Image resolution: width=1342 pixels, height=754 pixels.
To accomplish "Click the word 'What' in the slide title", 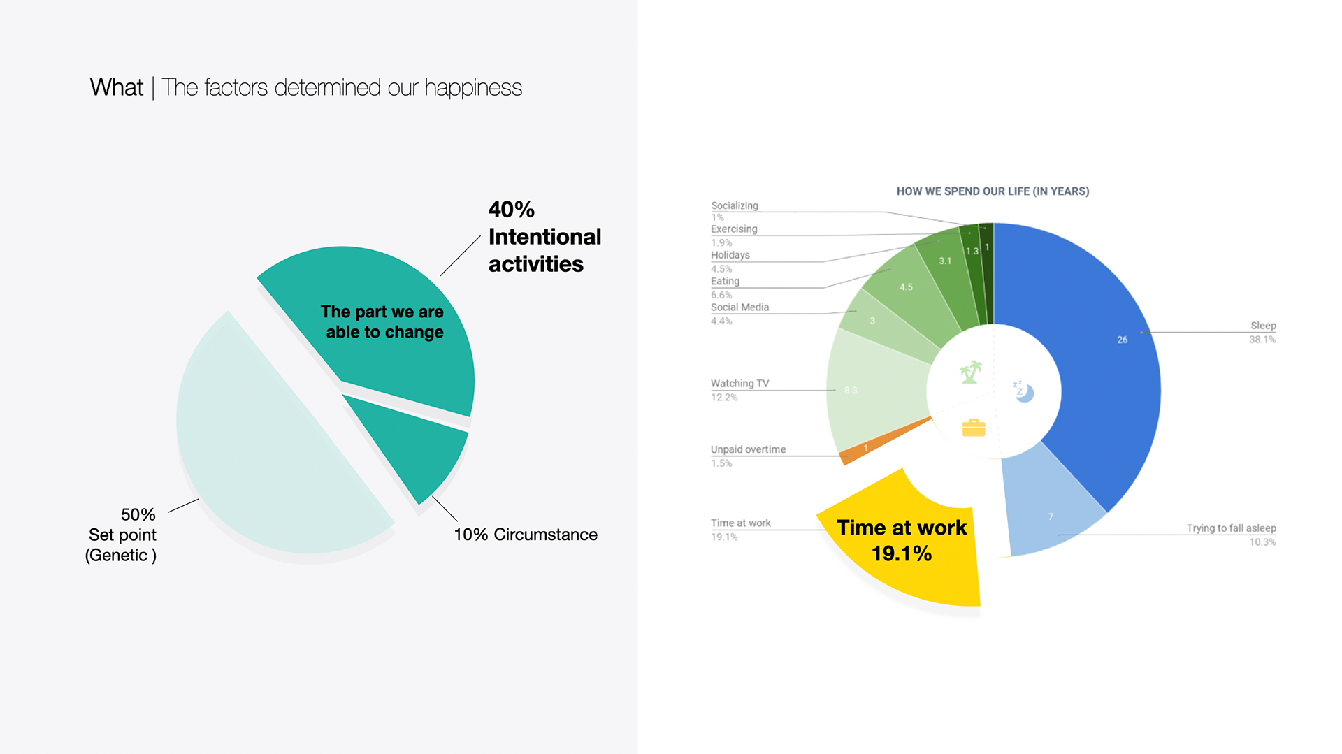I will (116, 87).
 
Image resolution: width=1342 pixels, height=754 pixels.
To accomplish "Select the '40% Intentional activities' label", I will (544, 237).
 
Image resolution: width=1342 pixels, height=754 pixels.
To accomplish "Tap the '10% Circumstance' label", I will (526, 535).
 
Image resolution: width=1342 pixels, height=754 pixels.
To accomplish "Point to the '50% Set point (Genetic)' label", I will (122, 535).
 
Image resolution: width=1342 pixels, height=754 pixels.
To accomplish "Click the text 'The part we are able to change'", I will (383, 321).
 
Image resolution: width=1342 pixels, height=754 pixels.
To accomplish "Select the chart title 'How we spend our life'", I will (993, 191).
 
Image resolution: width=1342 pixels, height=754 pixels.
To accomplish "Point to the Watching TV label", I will (739, 384).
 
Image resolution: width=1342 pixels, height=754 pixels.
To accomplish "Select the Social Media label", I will (739, 307).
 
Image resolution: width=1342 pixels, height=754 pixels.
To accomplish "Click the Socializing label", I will (734, 205).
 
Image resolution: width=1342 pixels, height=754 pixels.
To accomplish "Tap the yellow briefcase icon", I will (973, 427).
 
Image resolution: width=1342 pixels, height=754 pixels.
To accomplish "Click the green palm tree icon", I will (970, 372).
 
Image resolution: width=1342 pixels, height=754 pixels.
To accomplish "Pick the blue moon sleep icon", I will (1024, 391).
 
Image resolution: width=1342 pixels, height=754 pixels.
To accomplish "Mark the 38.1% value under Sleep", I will (1262, 340).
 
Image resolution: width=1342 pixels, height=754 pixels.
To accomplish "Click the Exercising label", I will (734, 229).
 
